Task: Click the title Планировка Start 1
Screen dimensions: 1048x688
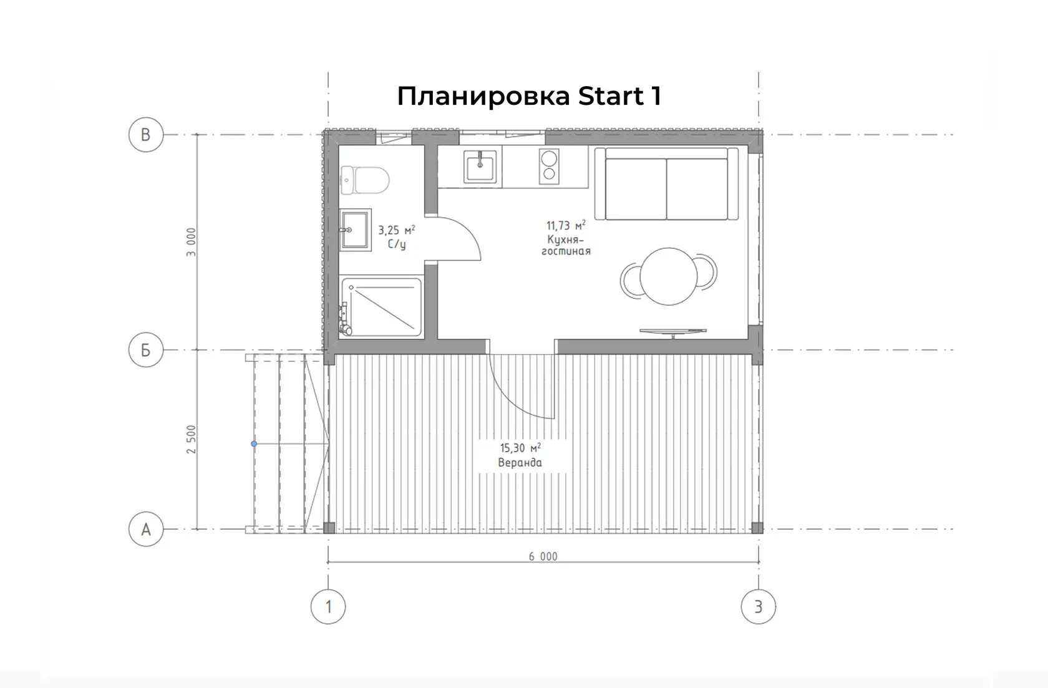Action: point(529,96)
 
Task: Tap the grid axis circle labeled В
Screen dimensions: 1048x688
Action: point(146,135)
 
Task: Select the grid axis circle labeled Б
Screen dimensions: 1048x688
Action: point(146,350)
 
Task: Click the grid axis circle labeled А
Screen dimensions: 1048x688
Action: point(146,530)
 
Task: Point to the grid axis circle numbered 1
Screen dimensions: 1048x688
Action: point(328,607)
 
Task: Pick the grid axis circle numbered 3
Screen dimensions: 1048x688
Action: point(759,607)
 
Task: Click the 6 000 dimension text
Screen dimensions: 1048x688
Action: point(543,556)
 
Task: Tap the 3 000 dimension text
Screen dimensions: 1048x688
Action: point(191,242)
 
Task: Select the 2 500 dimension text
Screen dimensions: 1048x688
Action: point(191,439)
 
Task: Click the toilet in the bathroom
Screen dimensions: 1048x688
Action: point(365,180)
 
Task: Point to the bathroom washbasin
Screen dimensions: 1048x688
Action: point(356,230)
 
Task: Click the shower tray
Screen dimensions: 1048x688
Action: point(381,308)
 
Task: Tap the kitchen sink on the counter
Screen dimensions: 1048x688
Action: point(480,167)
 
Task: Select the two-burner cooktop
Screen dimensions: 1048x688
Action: point(549,167)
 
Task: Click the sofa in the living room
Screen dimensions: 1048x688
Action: point(667,183)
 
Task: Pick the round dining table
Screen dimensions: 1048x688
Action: point(669,276)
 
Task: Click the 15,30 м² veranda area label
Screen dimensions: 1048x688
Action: point(520,455)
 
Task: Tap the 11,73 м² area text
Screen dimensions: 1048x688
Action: point(566,226)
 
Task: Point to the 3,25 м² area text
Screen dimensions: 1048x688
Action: point(397,230)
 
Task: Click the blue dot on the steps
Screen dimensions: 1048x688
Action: point(254,443)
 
